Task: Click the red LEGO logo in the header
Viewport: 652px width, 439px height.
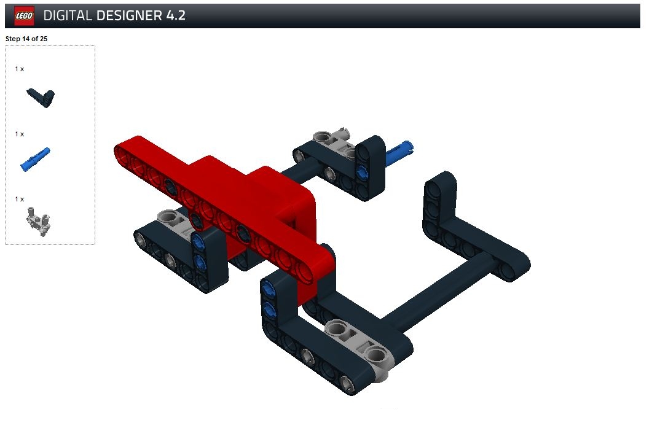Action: coord(24,16)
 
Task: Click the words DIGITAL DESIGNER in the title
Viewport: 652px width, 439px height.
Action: coord(103,16)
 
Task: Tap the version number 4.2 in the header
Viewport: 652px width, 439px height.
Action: coord(176,16)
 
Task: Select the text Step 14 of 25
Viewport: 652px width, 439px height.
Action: coord(26,39)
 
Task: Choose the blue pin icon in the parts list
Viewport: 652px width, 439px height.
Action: coord(35,160)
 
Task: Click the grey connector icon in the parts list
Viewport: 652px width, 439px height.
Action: coord(39,222)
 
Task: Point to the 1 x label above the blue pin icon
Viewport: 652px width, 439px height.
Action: coord(20,134)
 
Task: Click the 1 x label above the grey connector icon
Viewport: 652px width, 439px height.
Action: coord(20,200)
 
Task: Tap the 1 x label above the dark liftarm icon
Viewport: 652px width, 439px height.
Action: coord(20,69)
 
